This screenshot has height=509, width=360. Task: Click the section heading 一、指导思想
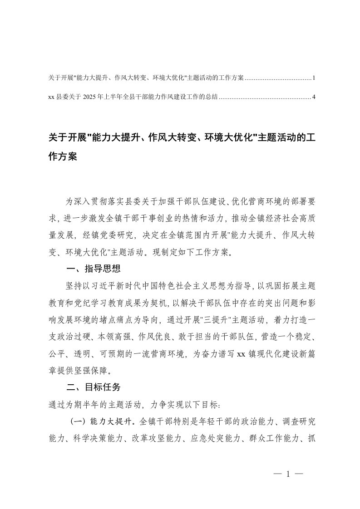pyautogui.click(x=93, y=269)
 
